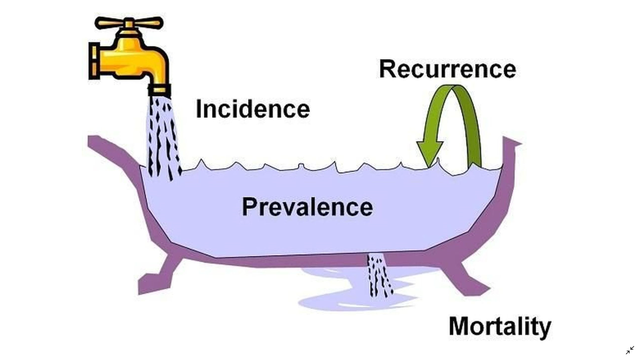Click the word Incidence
click(253, 109)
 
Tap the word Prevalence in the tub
click(307, 207)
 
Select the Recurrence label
click(447, 69)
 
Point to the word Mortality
click(500, 326)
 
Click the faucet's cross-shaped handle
click(129, 23)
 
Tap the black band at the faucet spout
click(159, 90)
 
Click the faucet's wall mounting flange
click(93, 61)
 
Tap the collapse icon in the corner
click(630, 350)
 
